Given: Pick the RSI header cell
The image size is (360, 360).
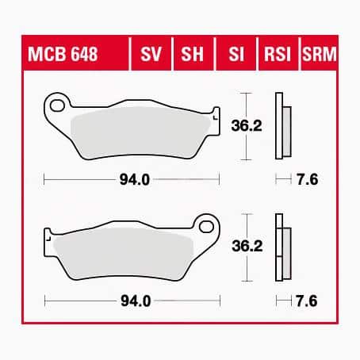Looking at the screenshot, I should coord(277,56).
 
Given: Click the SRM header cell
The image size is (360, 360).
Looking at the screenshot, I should coord(318,56).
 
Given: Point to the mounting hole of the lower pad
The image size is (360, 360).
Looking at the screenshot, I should coord(208,226).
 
